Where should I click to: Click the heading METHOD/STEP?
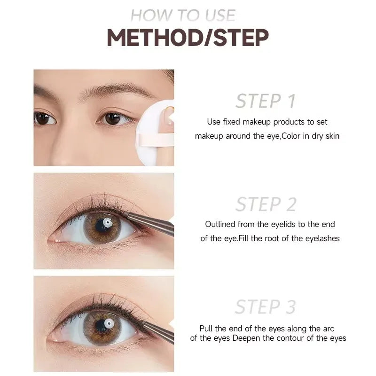pyautogui.click(x=188, y=38)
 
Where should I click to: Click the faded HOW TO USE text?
pyautogui.click(x=183, y=15)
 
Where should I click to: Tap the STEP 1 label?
pyautogui.click(x=266, y=101)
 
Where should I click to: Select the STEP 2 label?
pyautogui.click(x=266, y=204)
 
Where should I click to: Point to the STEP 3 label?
pyautogui.click(x=266, y=307)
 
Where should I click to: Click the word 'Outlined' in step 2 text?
pyautogui.click(x=219, y=225)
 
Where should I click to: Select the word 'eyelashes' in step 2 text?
pyautogui.click(x=323, y=238)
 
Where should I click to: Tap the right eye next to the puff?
pyautogui.click(x=113, y=118)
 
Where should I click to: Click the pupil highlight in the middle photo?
pyautogui.click(x=108, y=222)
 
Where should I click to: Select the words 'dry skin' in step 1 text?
pyautogui.click(x=325, y=136)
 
